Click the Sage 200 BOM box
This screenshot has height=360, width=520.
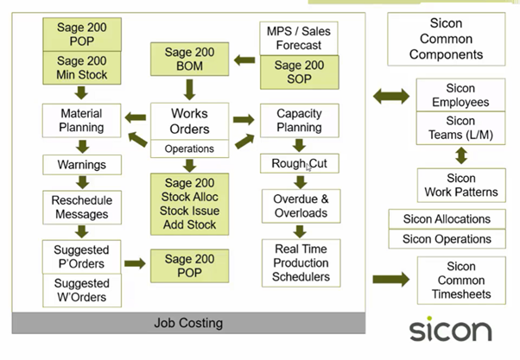(189, 59)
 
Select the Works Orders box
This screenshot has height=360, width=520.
(189, 121)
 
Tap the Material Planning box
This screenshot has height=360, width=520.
(81, 120)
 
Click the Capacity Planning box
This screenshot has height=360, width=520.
(300, 120)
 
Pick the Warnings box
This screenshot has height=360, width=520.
(82, 165)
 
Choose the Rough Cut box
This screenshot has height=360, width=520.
(300, 163)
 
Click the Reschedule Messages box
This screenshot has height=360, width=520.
(82, 207)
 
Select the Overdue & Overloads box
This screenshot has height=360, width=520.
(301, 205)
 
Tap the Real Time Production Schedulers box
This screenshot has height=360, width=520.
(301, 262)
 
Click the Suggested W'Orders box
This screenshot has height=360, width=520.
(82, 290)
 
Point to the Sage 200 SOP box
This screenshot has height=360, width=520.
(300, 73)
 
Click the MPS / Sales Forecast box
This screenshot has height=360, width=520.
(299, 38)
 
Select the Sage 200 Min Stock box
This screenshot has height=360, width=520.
(82, 67)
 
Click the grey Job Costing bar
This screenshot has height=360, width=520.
(188, 323)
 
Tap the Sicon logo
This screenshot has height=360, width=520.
(451, 329)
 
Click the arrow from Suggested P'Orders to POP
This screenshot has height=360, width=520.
(135, 263)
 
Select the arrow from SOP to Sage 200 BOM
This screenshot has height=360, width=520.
(244, 60)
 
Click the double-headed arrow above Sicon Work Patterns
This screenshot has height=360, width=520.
(461, 155)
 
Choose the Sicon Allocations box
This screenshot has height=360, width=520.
(447, 219)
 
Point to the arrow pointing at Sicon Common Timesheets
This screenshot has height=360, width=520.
(391, 279)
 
